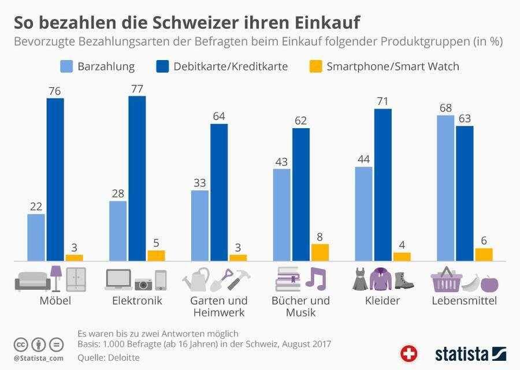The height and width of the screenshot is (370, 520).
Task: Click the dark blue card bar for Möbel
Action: coord(55,179)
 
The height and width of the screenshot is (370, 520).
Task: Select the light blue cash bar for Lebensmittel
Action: coord(445,188)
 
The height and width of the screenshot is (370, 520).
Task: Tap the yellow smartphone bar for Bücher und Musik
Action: coord(320,252)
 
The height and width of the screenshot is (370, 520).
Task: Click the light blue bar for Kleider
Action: coord(363,214)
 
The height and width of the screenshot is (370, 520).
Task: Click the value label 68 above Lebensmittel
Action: coord(445,108)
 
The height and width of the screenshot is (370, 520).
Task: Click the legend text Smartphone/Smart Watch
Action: coord(393,66)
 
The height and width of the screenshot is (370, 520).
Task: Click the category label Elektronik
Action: coord(137,301)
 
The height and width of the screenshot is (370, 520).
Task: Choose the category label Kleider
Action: coord(382,301)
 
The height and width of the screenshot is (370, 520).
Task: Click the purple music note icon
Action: coord(316,278)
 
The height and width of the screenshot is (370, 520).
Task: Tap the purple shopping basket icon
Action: coord(445,279)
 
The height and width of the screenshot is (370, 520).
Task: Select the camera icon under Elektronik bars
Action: coord(143,283)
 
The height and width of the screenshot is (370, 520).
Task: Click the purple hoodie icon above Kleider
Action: coord(381,279)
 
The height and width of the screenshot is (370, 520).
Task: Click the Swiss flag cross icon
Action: coord(409,353)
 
